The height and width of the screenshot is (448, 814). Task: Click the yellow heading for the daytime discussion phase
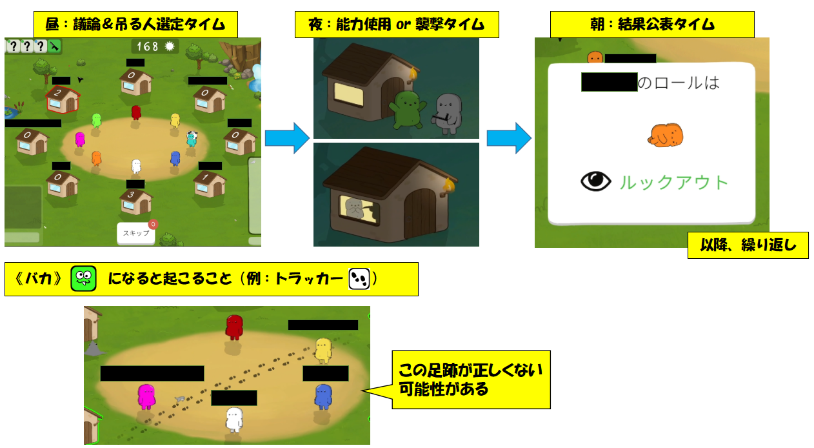tap(135, 25)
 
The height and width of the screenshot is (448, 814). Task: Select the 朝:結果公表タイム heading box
tap(651, 25)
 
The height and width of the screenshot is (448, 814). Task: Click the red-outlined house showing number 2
tap(62, 99)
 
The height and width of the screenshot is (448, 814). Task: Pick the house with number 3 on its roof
tap(135, 201)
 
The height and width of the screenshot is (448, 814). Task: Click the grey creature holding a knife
tap(448, 112)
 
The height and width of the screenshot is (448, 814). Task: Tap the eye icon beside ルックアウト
tap(595, 182)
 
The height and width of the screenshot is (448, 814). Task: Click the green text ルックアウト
tap(674, 183)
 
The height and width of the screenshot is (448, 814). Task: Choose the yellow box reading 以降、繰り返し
tap(748, 245)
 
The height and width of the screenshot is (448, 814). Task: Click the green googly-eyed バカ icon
tap(84, 279)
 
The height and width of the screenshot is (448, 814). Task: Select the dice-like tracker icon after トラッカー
tap(359, 279)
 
